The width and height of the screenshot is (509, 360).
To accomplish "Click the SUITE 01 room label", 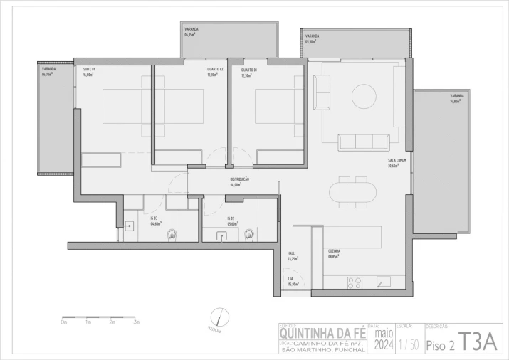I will point(89,70).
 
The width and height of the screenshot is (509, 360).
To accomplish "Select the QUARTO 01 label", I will point(248,71).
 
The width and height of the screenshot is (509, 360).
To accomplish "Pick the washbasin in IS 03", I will point(130,226).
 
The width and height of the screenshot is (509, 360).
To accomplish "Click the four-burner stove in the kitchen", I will point(356,282).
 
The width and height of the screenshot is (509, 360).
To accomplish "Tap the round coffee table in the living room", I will point(363,101).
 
